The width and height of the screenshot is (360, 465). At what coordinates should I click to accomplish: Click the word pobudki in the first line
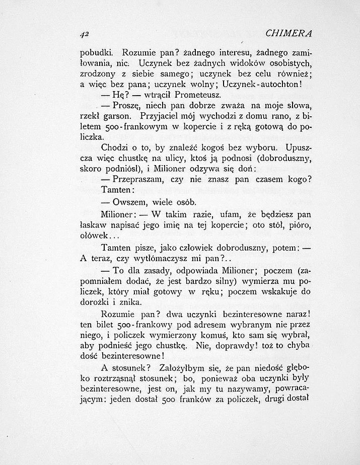pyautogui.click(x=97, y=52)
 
